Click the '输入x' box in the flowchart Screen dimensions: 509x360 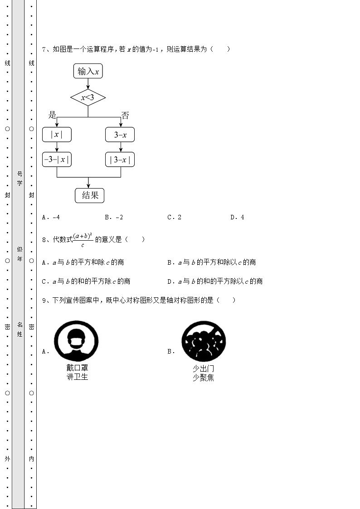88,71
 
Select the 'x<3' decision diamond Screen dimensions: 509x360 88,97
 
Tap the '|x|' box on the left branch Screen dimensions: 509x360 57,135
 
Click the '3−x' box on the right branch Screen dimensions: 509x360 120,135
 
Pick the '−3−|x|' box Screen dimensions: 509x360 57,160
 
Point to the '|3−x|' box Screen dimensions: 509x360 120,160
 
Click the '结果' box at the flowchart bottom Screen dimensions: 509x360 90,195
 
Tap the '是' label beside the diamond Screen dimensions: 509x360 53,115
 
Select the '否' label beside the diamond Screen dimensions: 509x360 125,116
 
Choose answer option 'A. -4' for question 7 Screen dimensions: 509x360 51,217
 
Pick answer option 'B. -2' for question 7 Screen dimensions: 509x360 114,217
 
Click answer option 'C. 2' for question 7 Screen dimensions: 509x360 175,217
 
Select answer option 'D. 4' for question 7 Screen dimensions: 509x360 237,217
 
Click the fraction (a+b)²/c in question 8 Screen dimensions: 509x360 83,239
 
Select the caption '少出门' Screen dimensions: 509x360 203,368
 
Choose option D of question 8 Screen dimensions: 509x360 215,281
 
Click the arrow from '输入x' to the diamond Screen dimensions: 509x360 88,84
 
